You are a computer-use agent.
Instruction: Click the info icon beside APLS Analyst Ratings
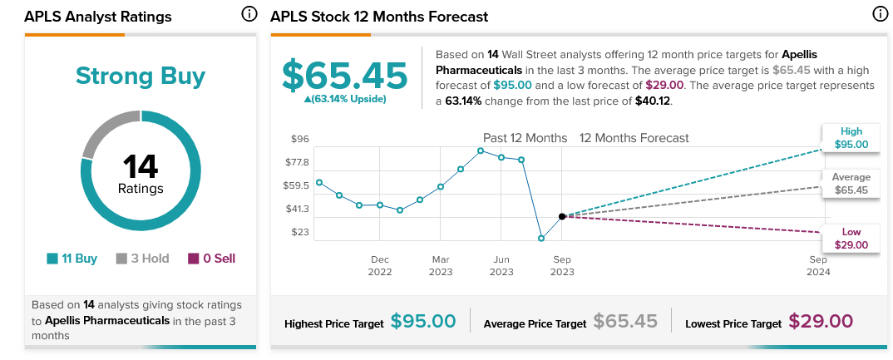click(x=249, y=14)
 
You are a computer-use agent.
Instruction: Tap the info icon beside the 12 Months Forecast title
click(x=880, y=14)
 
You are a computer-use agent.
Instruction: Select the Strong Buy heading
click(x=141, y=76)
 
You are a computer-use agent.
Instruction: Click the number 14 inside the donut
click(x=141, y=166)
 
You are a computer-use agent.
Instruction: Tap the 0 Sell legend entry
click(x=211, y=259)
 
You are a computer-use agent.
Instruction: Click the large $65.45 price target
click(x=345, y=76)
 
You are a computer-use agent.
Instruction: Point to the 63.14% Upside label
click(x=345, y=99)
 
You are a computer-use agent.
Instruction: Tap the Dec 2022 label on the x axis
click(x=380, y=265)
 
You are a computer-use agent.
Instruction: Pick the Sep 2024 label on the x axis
click(x=819, y=265)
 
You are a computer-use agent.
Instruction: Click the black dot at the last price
click(x=562, y=216)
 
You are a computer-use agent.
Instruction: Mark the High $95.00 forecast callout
click(x=851, y=138)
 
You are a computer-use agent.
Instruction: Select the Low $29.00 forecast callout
click(x=851, y=239)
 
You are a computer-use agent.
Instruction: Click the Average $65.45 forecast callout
click(x=851, y=184)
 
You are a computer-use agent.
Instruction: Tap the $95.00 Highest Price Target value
click(x=423, y=321)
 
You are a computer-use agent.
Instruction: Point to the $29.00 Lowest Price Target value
click(x=821, y=321)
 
